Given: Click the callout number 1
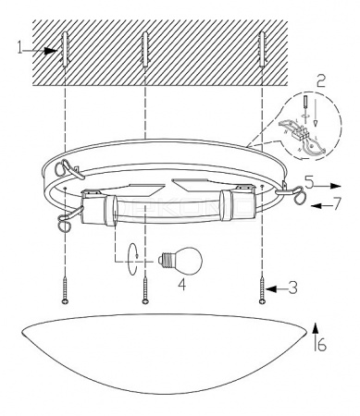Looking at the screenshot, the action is click(x=20, y=47).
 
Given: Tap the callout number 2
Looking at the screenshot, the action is click(x=321, y=81).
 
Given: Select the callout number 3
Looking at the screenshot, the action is click(x=292, y=288).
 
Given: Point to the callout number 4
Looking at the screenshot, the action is click(x=182, y=285).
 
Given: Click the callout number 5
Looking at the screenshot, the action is click(x=309, y=182).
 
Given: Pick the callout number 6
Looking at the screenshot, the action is click(x=321, y=346).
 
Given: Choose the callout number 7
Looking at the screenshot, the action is click(x=338, y=203).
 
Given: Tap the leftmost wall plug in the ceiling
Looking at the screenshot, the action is click(x=65, y=50).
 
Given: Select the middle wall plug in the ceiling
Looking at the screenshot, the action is click(x=145, y=50).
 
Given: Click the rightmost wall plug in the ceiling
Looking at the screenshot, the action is click(x=262, y=49).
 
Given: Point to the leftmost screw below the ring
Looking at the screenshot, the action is click(x=65, y=290).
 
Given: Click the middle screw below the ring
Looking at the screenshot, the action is click(x=145, y=290).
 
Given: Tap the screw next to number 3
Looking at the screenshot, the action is click(x=262, y=290).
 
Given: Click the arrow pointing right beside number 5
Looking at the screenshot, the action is click(x=328, y=186).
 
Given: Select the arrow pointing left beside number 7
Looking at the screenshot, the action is click(x=321, y=206).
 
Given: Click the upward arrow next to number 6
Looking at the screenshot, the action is click(x=315, y=336).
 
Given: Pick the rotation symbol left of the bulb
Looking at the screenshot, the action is click(x=133, y=259).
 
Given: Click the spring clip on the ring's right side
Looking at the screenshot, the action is click(x=292, y=192).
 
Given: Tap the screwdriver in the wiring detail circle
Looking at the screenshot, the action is click(x=305, y=104).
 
